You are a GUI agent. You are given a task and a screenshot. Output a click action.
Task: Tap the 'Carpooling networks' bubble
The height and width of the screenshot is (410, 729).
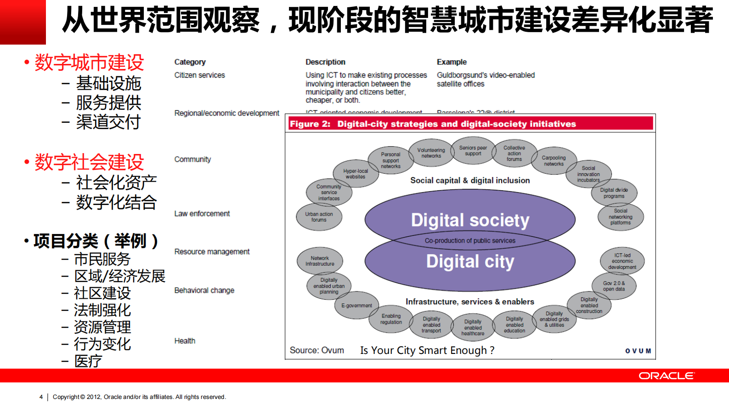(x=554, y=161)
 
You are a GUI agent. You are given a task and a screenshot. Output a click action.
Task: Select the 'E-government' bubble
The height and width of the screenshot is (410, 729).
(x=356, y=306)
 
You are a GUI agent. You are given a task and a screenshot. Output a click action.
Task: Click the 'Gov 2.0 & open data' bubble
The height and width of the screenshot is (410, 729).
(x=614, y=286)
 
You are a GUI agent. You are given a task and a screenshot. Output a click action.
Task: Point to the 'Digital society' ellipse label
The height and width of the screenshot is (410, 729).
(x=470, y=220)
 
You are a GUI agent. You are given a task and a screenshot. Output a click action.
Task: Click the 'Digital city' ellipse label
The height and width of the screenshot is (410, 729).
(x=470, y=262)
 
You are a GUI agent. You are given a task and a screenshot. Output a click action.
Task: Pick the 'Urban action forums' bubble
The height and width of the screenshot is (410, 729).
(x=319, y=217)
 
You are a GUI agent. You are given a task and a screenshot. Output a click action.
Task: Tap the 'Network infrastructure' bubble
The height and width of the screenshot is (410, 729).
(x=320, y=261)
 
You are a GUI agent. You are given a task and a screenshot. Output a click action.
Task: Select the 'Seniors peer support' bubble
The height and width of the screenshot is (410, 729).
(x=473, y=151)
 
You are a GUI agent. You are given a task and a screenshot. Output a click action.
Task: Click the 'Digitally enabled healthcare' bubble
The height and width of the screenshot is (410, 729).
(x=473, y=328)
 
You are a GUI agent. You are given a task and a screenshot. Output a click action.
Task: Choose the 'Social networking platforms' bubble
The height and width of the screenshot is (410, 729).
(x=620, y=217)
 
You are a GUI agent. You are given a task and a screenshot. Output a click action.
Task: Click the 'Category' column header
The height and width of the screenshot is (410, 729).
(x=190, y=62)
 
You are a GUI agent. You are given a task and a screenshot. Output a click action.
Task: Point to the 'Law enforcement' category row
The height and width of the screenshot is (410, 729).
(x=202, y=214)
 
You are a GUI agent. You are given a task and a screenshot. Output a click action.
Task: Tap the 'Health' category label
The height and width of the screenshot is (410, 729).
(x=185, y=341)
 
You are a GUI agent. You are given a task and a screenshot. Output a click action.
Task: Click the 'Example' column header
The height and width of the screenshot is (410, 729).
(x=452, y=62)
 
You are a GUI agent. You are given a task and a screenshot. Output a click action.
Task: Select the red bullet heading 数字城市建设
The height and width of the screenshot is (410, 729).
(x=89, y=63)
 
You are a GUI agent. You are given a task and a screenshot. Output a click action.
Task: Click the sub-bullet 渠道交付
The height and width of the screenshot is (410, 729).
(x=108, y=122)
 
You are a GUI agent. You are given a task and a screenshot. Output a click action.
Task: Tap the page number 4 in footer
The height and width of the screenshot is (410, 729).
(x=41, y=397)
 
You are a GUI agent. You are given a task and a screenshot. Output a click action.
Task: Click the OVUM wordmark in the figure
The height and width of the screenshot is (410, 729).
(x=638, y=351)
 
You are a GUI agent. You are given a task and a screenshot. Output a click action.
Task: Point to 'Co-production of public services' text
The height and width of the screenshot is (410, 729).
(x=470, y=241)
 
